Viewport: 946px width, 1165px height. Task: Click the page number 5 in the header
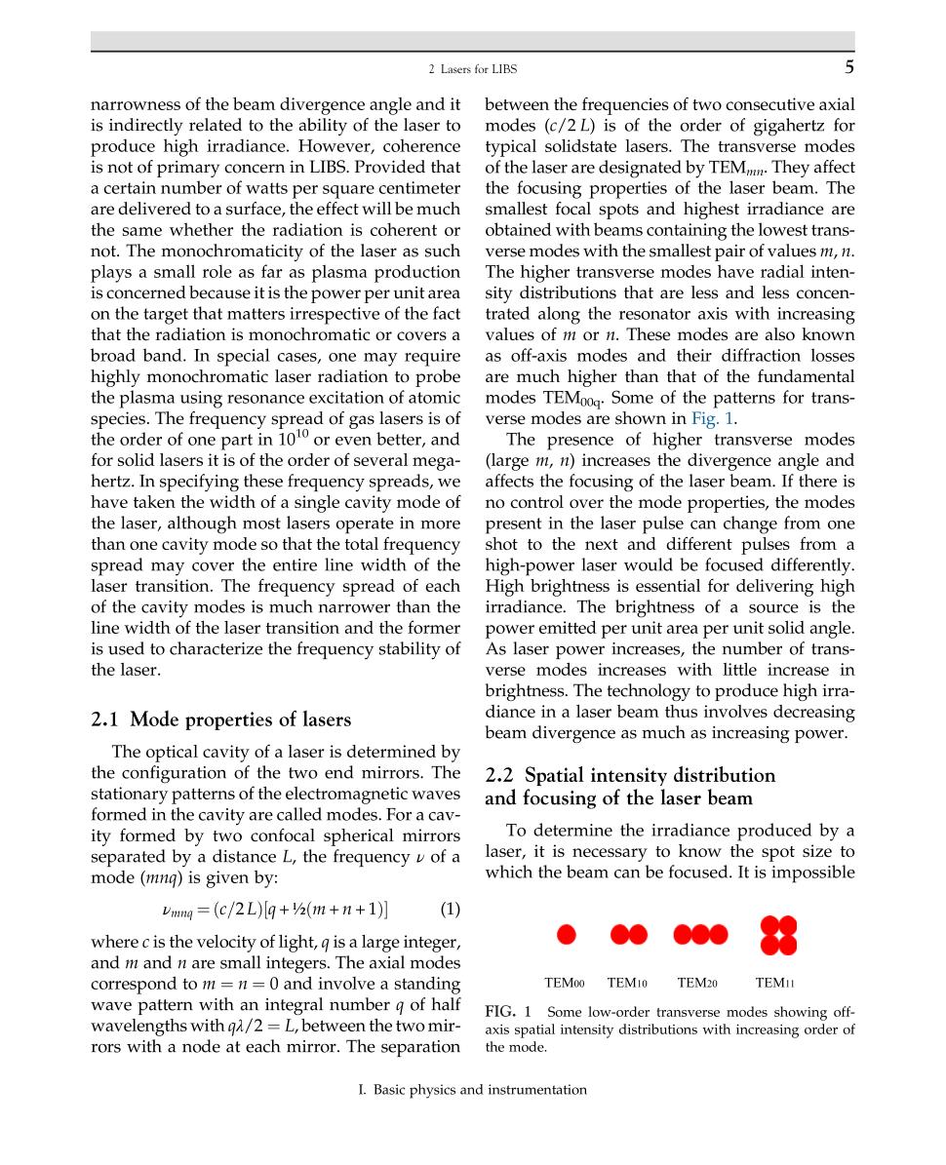[x=848, y=68]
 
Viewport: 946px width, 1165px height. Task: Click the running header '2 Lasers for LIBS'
[x=473, y=69]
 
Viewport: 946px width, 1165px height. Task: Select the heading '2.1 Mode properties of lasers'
[x=220, y=719]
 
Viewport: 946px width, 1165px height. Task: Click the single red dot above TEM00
[x=566, y=934]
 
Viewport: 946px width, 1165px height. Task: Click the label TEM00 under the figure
[x=565, y=983]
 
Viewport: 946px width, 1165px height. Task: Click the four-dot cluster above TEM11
[x=778, y=934]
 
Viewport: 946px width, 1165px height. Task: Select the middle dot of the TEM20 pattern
[x=700, y=934]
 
